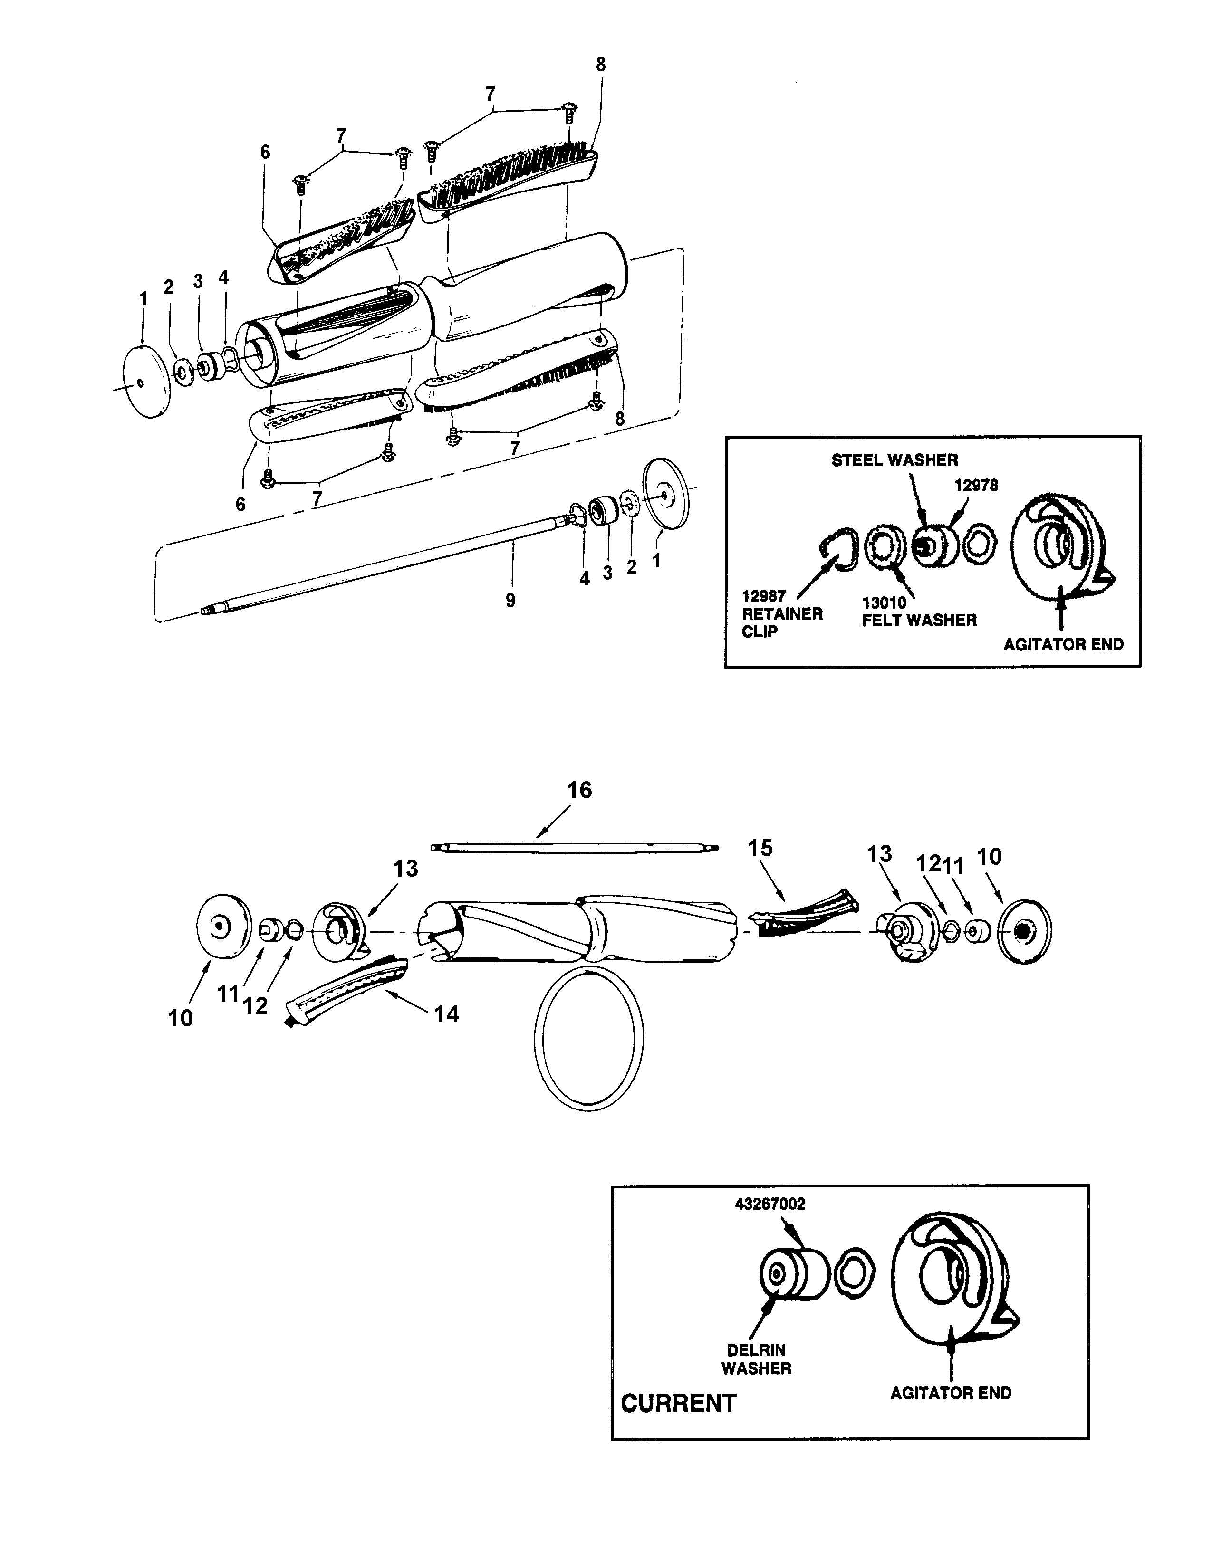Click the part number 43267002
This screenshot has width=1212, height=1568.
click(770, 1204)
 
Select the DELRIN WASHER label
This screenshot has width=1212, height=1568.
click(756, 1359)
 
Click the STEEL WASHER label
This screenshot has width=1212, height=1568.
click(894, 460)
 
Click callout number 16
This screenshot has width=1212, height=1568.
click(579, 791)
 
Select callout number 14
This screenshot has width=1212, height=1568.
click(447, 1014)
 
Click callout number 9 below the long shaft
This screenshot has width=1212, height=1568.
click(510, 600)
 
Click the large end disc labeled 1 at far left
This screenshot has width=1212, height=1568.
click(146, 382)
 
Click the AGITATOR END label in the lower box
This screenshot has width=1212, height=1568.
click(950, 1393)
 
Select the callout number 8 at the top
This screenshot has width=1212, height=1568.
click(600, 65)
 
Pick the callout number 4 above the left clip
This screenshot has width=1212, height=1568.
click(223, 278)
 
